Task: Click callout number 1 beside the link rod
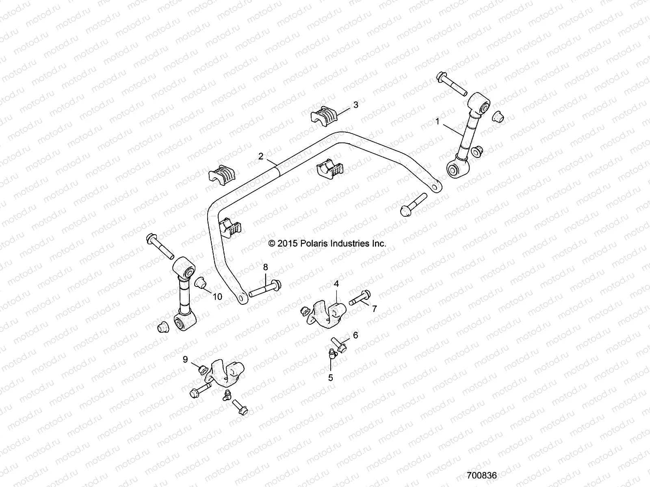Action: coord(438,121)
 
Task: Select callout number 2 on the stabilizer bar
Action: coord(261,156)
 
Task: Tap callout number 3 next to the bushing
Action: coord(355,105)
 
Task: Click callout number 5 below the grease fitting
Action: coord(330,377)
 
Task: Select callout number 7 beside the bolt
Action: coord(374,309)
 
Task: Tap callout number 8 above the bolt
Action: coord(265,267)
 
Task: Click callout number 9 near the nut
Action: coord(185,359)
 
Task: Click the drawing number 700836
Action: coord(482,475)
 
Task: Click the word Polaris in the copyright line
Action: coord(313,243)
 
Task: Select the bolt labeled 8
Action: coord(264,289)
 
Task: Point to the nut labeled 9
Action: coord(201,369)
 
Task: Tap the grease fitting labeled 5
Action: coord(332,354)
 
